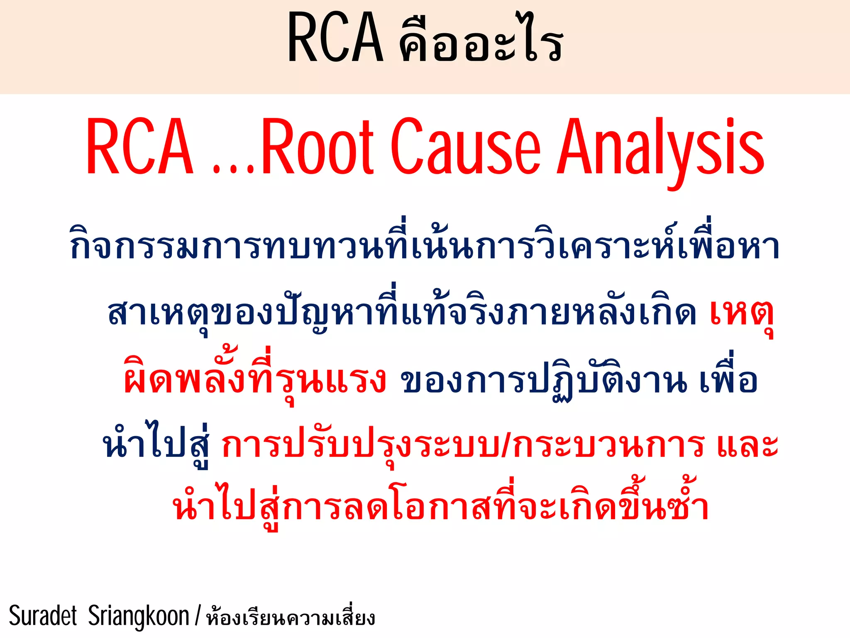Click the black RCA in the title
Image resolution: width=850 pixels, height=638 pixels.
[x=335, y=38]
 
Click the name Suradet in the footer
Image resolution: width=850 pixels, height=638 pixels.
[x=43, y=616]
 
